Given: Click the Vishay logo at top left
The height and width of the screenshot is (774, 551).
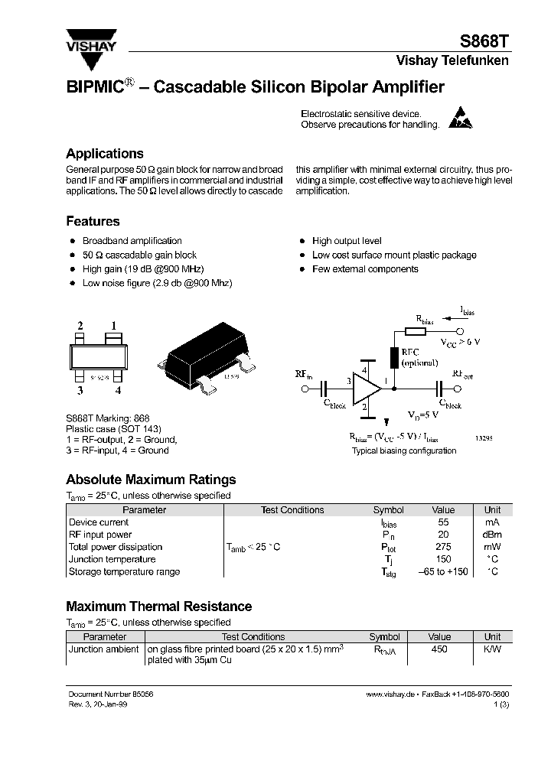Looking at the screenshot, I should click(x=90, y=41).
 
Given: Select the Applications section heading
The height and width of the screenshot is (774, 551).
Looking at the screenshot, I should click(x=104, y=153).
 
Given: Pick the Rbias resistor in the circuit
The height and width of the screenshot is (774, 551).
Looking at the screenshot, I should click(x=415, y=331).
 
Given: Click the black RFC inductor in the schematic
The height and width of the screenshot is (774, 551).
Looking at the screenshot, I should click(x=393, y=356).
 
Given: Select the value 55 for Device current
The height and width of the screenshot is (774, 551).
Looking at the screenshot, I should click(x=443, y=522).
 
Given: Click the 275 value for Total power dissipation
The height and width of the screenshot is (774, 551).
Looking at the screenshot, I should click(x=443, y=547).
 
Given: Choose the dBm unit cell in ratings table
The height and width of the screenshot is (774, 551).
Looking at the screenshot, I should click(x=492, y=535).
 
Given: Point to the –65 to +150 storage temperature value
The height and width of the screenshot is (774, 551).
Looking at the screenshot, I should click(x=443, y=571).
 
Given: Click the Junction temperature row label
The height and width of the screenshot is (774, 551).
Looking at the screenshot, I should click(x=112, y=559).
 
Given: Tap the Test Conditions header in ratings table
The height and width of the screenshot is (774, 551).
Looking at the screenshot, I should click(x=292, y=510).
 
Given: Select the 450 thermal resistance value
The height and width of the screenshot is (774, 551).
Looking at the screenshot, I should click(x=440, y=649).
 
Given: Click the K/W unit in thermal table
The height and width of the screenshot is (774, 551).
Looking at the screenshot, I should click(x=492, y=649).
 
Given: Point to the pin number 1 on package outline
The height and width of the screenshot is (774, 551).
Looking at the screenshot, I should click(x=113, y=326).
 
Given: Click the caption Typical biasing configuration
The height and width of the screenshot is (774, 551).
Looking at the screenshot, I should click(x=404, y=450).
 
